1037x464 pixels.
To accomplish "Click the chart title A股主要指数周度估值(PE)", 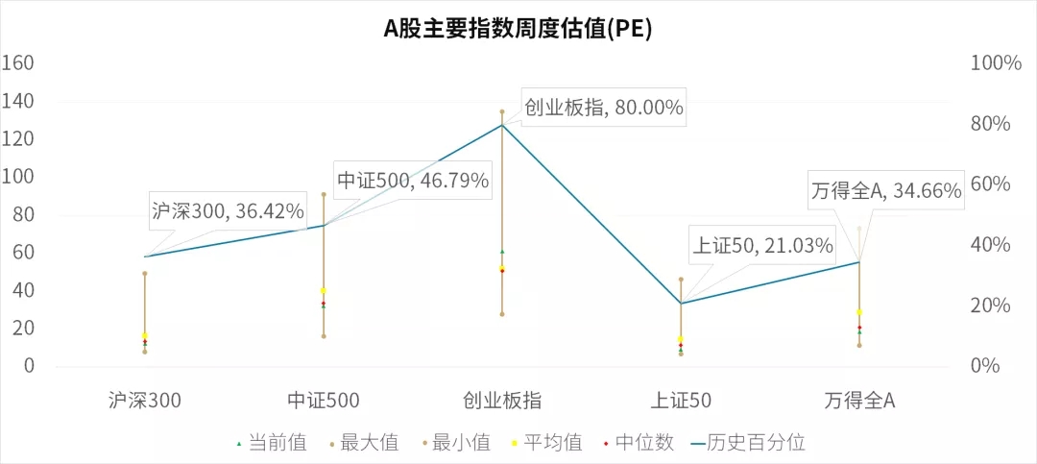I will pyautogui.click(x=518, y=30).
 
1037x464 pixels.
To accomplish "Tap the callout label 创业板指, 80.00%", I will pyautogui.click(x=603, y=108).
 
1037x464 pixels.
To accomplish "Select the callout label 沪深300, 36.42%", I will pyautogui.click(x=228, y=210).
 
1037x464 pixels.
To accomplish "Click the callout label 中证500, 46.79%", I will pyautogui.click(x=413, y=180).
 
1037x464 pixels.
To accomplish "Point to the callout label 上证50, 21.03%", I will pyautogui.click(x=762, y=246).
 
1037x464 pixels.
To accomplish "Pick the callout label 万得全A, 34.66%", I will pyautogui.click(x=885, y=191).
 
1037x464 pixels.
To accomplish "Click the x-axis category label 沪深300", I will pyautogui.click(x=145, y=401).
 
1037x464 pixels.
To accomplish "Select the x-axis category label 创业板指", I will pyautogui.click(x=502, y=401).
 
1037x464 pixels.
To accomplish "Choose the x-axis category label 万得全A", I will pyautogui.click(x=859, y=401).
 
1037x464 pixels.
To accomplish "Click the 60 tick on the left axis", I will pyautogui.click(x=21, y=253).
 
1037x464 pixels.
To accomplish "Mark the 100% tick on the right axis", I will pyautogui.click(x=997, y=63).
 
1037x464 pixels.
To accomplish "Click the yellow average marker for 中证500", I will pyautogui.click(x=324, y=290).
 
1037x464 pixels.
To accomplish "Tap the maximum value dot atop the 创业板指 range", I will pyautogui.click(x=502, y=111).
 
